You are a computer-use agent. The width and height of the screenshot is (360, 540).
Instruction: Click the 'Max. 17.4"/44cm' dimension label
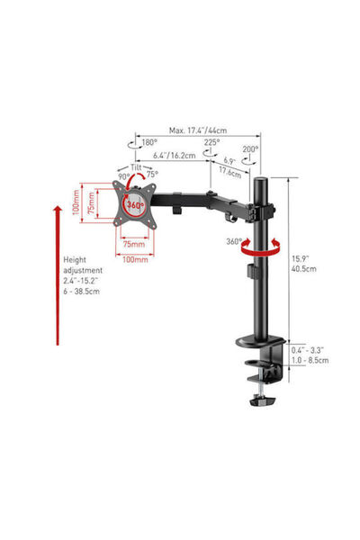tap(198, 130)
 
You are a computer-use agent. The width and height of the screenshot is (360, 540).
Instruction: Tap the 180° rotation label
tap(149, 142)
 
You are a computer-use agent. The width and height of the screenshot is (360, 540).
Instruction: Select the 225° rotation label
tap(211, 142)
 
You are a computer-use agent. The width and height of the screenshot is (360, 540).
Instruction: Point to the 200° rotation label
tap(250, 149)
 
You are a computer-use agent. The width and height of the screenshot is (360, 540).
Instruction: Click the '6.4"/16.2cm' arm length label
tap(175, 156)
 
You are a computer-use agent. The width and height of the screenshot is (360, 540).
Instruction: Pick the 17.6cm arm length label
tap(229, 171)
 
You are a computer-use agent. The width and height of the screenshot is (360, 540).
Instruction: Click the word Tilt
tap(136, 167)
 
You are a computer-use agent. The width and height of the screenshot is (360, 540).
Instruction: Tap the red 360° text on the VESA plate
tap(135, 205)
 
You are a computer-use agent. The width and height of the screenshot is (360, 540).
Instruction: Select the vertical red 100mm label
tap(76, 202)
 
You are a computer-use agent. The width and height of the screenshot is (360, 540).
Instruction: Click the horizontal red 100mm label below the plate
tap(135, 259)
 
